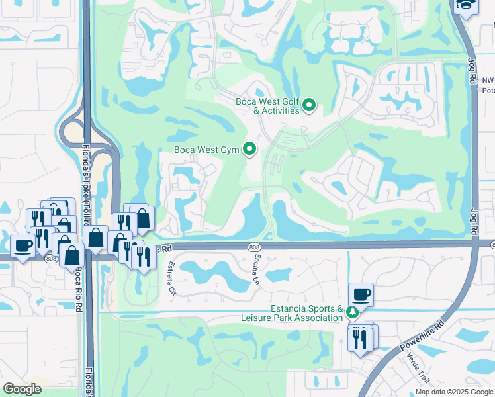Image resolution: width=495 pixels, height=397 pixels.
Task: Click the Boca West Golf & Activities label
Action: coord(267,106)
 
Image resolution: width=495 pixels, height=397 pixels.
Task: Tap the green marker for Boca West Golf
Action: coord(308,105)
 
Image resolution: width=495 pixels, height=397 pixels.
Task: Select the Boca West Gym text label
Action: coord(206,150)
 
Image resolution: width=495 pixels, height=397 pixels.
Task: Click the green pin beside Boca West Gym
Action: coord(249,150)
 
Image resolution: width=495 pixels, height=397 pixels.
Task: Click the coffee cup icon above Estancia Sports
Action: coord(361,294)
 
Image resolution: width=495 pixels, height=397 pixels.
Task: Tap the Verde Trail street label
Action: coord(418,369)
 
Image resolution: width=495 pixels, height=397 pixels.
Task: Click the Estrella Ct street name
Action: coord(172,278)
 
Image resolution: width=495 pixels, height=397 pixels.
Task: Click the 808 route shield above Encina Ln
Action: coord(255,247)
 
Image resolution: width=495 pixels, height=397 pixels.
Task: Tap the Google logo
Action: coord(22,389)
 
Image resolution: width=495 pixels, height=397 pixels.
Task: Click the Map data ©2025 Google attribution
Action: coord(454,392)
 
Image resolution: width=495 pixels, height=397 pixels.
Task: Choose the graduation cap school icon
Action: coord(466,6)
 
